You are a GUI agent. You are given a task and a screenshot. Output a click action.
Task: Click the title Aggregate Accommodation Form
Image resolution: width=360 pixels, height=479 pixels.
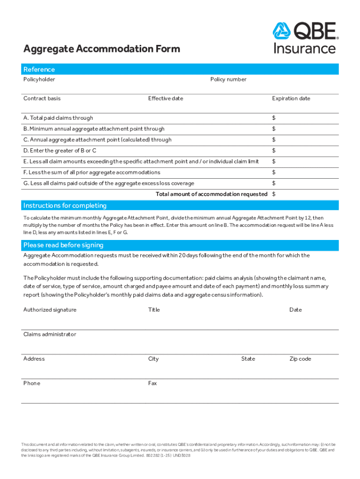101,49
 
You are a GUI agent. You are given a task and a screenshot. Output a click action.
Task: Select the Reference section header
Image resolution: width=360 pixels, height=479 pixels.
39,69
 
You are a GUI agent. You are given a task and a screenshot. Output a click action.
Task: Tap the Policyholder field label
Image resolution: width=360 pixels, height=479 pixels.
39,80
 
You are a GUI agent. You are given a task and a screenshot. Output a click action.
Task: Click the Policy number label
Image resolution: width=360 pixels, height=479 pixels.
228,80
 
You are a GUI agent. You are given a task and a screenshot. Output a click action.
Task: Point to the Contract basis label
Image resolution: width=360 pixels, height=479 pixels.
42,99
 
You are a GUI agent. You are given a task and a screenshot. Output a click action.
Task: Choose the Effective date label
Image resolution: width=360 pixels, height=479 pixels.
166,99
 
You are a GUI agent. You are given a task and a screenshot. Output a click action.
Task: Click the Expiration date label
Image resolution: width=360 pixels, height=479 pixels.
291,99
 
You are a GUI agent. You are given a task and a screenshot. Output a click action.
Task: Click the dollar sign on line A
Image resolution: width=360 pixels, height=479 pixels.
274,118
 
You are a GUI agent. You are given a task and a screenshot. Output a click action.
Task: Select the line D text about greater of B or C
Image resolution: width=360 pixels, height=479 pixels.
60,151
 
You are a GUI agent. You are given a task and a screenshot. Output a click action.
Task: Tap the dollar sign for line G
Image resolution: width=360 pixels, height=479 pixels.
274,183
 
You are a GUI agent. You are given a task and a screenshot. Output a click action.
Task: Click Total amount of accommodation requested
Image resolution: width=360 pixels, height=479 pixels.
211,194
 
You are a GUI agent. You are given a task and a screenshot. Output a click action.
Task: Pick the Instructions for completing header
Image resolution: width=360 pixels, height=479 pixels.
65,205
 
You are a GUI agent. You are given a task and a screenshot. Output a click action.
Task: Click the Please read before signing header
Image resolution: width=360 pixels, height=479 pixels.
64,245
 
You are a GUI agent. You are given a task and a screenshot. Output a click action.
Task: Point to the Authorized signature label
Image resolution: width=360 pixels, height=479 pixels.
50,310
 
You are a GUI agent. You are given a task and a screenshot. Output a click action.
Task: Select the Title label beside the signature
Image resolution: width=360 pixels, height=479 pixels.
154,310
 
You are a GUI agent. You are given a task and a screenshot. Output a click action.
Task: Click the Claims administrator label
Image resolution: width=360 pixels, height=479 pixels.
50,334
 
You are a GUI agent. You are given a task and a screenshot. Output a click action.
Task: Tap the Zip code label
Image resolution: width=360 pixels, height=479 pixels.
300,359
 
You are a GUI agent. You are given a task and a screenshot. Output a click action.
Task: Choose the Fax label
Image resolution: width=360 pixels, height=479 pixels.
152,383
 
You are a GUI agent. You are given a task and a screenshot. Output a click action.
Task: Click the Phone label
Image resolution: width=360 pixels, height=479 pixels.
32,383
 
